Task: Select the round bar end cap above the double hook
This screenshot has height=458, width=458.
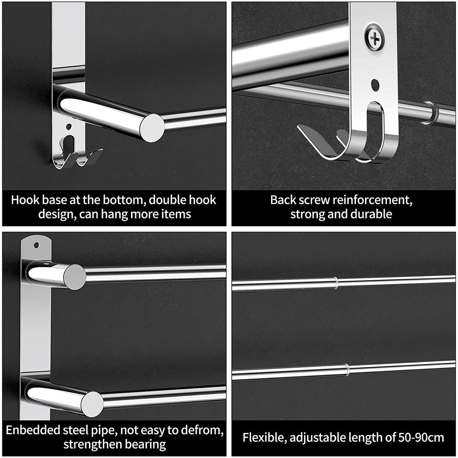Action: tap(152, 128)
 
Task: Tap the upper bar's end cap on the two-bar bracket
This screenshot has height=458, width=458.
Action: tap(74, 277)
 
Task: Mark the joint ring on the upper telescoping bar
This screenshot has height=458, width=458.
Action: tap(335, 283)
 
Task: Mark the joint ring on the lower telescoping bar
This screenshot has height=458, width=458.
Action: tap(347, 370)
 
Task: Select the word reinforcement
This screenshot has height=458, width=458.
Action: tap(367, 200)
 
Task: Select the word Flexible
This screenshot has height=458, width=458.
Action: tap(263, 437)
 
